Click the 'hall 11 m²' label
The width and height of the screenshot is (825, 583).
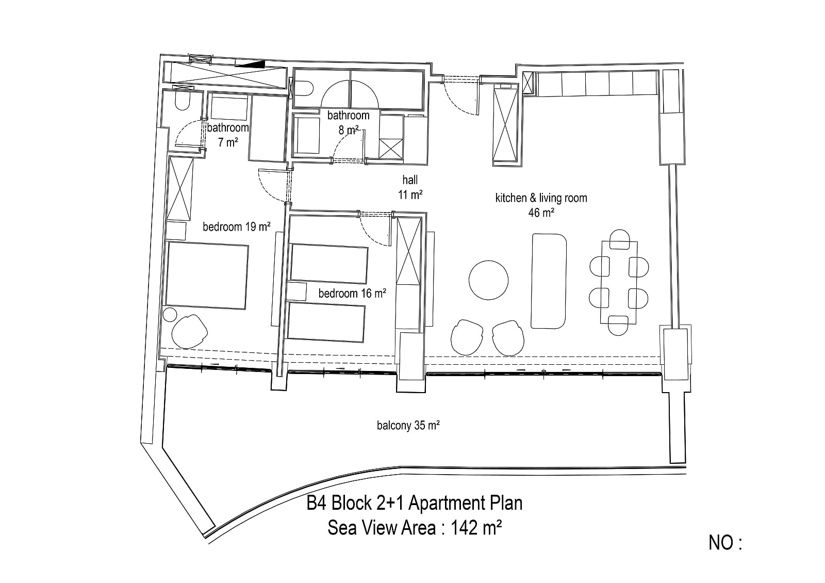[x=410, y=187]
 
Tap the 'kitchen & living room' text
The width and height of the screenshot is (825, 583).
[x=541, y=198]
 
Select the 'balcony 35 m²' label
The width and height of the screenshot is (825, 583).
[x=408, y=426]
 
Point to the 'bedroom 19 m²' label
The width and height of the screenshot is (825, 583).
[x=237, y=226]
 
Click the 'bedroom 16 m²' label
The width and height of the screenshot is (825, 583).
[x=352, y=294]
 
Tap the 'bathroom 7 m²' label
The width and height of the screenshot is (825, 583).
[x=227, y=135]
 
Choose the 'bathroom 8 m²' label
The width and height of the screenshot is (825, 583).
[x=349, y=122]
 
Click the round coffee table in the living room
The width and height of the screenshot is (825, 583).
[x=488, y=280]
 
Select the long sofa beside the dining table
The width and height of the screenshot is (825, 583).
[x=549, y=281]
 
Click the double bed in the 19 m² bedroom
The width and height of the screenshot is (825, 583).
[x=207, y=276]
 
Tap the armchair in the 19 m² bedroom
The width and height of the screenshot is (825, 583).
[x=189, y=331]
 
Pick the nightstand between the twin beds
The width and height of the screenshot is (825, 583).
[x=297, y=291]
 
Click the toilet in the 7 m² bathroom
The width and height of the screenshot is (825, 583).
[x=183, y=100]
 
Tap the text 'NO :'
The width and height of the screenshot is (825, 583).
[x=725, y=543]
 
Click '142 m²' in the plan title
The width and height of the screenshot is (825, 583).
[x=476, y=528]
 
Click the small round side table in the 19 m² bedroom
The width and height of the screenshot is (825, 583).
[x=170, y=315]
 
